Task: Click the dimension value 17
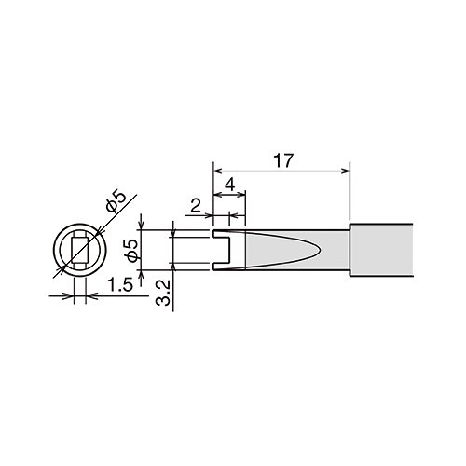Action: pos(283,160)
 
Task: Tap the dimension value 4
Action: pos(229,185)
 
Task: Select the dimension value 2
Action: pos(196,206)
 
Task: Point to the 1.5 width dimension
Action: pos(121,285)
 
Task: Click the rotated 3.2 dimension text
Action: pos(164,293)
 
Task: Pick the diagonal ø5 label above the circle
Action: pos(116,201)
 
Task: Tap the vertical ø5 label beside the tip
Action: pos(132,250)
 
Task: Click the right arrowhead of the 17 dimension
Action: pos(346,171)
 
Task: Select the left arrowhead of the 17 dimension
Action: pos(217,171)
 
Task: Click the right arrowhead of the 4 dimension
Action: pos(241,195)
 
